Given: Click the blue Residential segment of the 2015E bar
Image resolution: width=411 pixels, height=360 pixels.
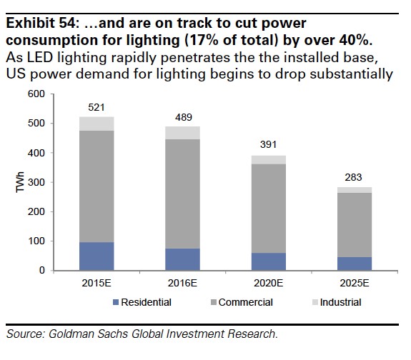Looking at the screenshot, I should pos(96,256).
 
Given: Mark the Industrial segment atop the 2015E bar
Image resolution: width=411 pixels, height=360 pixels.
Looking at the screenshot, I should pos(96,124).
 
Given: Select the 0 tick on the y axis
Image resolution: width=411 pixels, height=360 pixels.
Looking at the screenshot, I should pos(41,271).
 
